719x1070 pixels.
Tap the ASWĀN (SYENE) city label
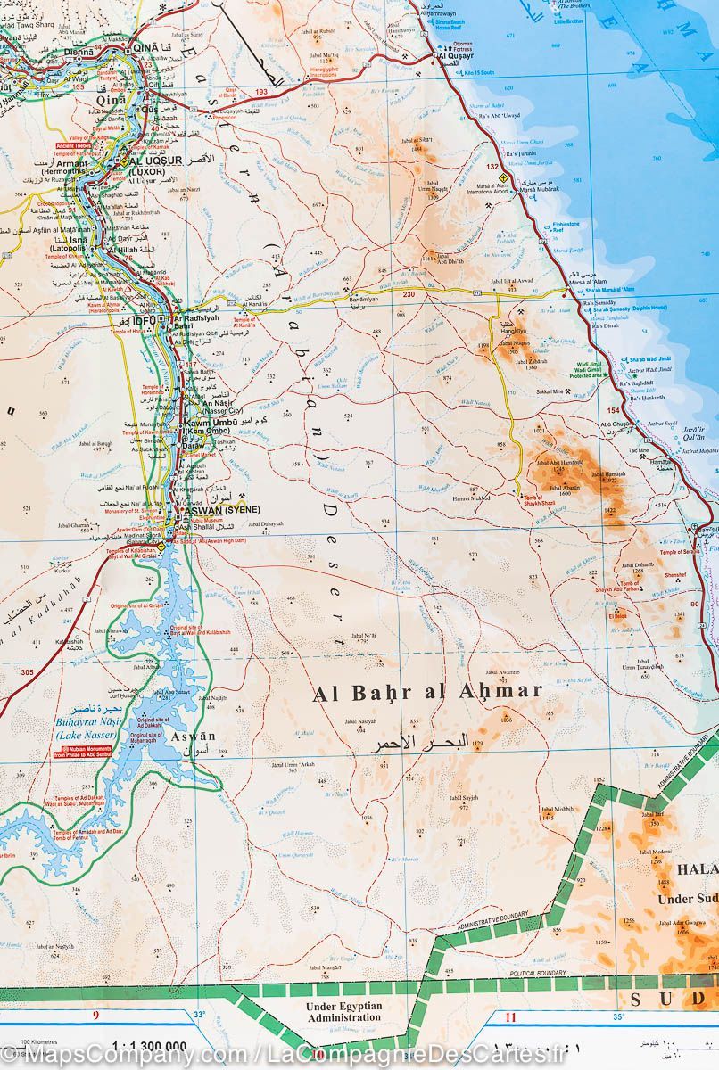click(215, 510)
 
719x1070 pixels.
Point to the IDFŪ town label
click(145, 319)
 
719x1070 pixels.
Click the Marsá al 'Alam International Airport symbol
click(501, 177)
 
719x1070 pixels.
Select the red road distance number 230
click(409, 295)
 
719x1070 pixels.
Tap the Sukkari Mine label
click(550, 391)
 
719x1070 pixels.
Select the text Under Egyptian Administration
click(343, 1011)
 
